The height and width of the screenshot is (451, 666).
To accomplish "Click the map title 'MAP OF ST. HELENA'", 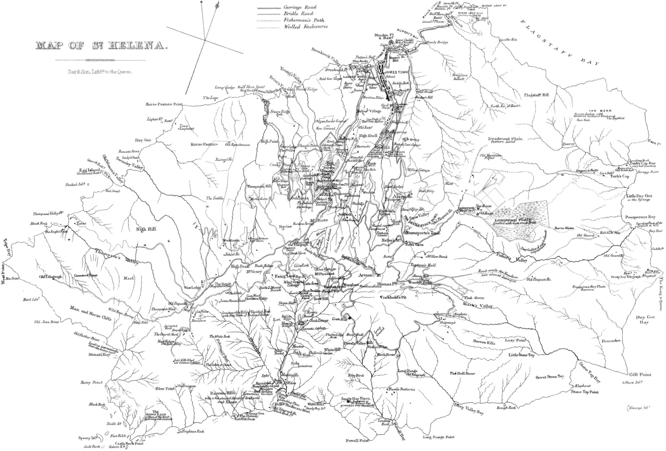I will [101, 46].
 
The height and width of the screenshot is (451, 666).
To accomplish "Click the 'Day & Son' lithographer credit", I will [101, 72].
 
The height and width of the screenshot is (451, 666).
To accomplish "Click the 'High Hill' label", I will [147, 229].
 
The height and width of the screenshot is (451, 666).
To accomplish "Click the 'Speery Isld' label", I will [89, 438].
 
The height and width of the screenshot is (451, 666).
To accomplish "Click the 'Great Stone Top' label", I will [550, 377].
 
